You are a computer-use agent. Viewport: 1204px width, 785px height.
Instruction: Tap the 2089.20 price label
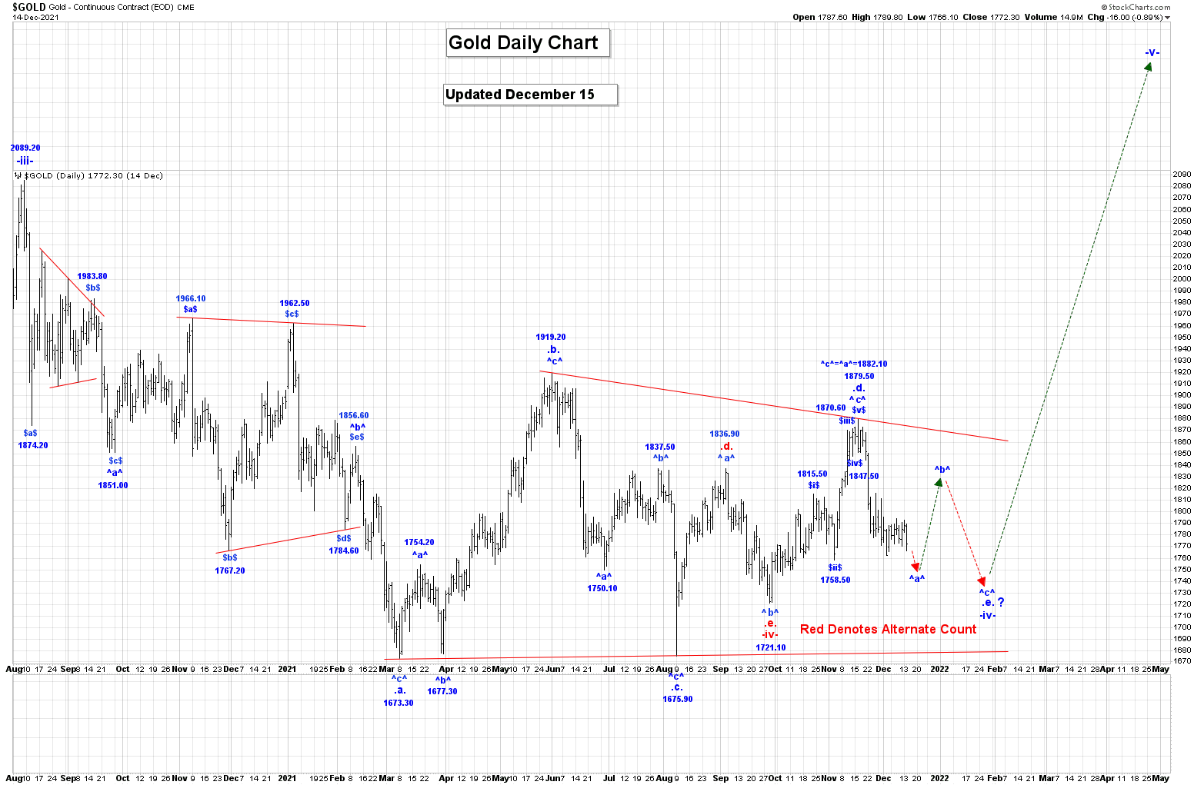coord(25,148)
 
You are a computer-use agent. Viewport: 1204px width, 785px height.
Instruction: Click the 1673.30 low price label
coord(399,703)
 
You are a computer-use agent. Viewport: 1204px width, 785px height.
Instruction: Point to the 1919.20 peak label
coord(551,337)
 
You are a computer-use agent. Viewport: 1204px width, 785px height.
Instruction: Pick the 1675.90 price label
coord(678,699)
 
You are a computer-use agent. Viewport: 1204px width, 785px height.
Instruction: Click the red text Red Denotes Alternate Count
coord(888,629)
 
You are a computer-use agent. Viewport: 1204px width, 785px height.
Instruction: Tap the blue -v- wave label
coord(1152,52)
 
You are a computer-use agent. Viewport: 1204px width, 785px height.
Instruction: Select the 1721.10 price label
coord(771,647)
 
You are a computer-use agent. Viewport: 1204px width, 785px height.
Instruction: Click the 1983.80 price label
coord(92,276)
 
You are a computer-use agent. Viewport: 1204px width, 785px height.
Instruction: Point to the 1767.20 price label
coord(230,570)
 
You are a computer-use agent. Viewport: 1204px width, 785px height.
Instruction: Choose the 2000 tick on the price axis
coord(1182,279)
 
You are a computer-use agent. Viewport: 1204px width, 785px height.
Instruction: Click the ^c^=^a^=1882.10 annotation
coord(854,364)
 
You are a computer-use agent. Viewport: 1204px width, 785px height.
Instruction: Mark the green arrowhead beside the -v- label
coord(1148,67)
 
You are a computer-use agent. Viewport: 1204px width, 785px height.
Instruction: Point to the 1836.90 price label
coord(725,434)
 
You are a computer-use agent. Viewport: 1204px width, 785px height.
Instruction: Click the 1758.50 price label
coord(835,580)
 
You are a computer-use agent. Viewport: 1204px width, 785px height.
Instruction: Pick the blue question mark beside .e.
coord(1001,602)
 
